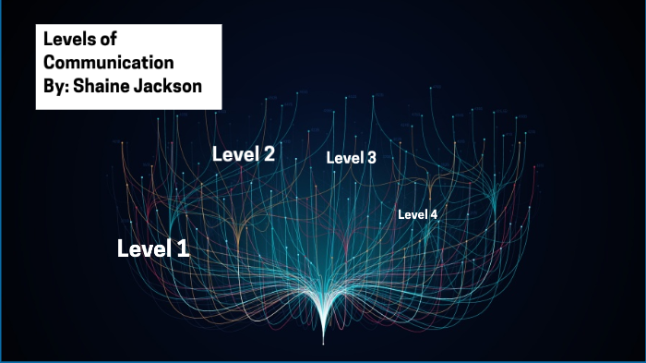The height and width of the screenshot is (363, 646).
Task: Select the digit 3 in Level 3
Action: [x=371, y=158]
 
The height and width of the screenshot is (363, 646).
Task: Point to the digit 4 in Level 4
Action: [x=433, y=214]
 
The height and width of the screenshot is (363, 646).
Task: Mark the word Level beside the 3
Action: [x=345, y=158]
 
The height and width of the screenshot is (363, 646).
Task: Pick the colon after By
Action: [x=67, y=88]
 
